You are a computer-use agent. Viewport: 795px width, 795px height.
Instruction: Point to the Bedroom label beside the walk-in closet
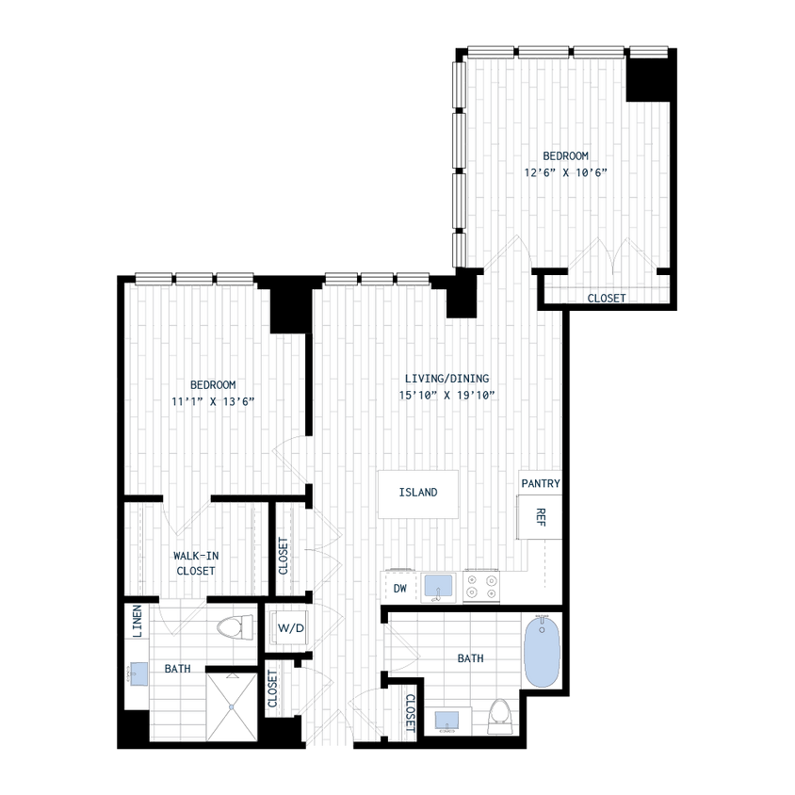tap(212, 384)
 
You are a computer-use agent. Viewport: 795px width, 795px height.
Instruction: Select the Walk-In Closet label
tap(196, 563)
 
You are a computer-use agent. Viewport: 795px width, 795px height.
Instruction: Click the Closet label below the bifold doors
tap(606, 299)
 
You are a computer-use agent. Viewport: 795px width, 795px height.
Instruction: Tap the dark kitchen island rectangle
tap(418, 493)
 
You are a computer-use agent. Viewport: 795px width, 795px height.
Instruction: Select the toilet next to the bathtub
tap(499, 715)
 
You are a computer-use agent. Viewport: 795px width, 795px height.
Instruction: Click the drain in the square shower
tap(231, 706)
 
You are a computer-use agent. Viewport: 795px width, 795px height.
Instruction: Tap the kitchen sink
tap(437, 586)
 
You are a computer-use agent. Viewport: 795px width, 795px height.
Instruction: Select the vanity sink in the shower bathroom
tap(138, 673)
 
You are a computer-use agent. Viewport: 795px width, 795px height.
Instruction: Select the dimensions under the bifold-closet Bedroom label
tap(567, 172)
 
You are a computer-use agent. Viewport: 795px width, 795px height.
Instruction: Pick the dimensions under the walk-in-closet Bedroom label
tap(214, 401)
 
